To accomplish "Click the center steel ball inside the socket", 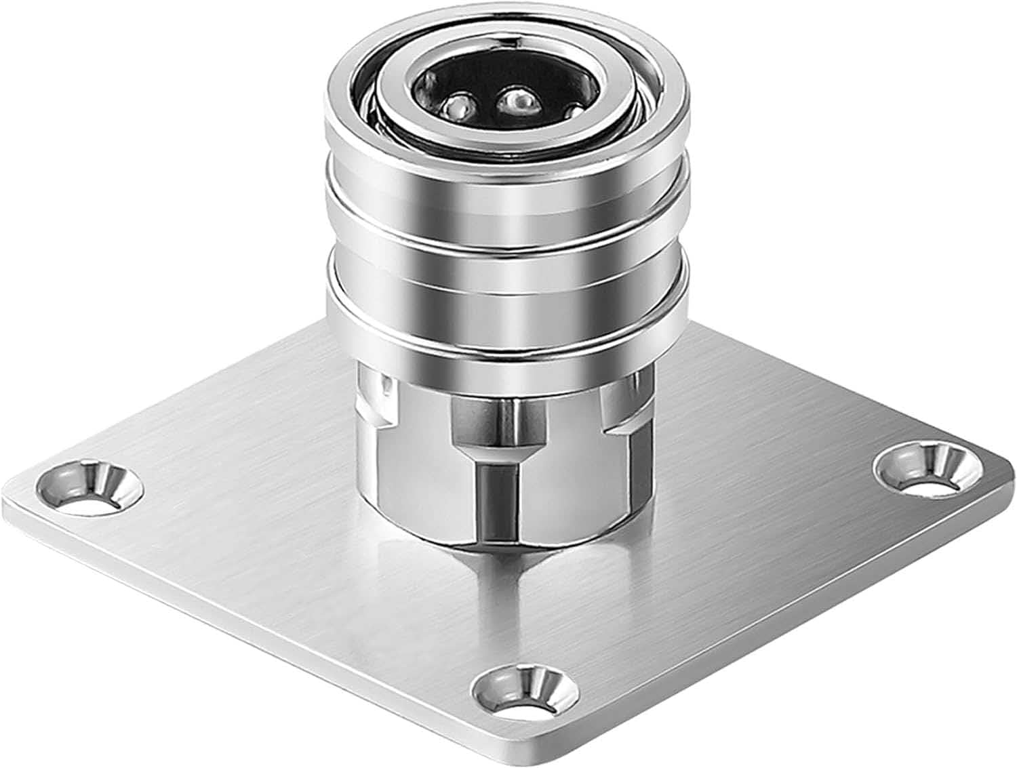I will pos(517,101).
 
